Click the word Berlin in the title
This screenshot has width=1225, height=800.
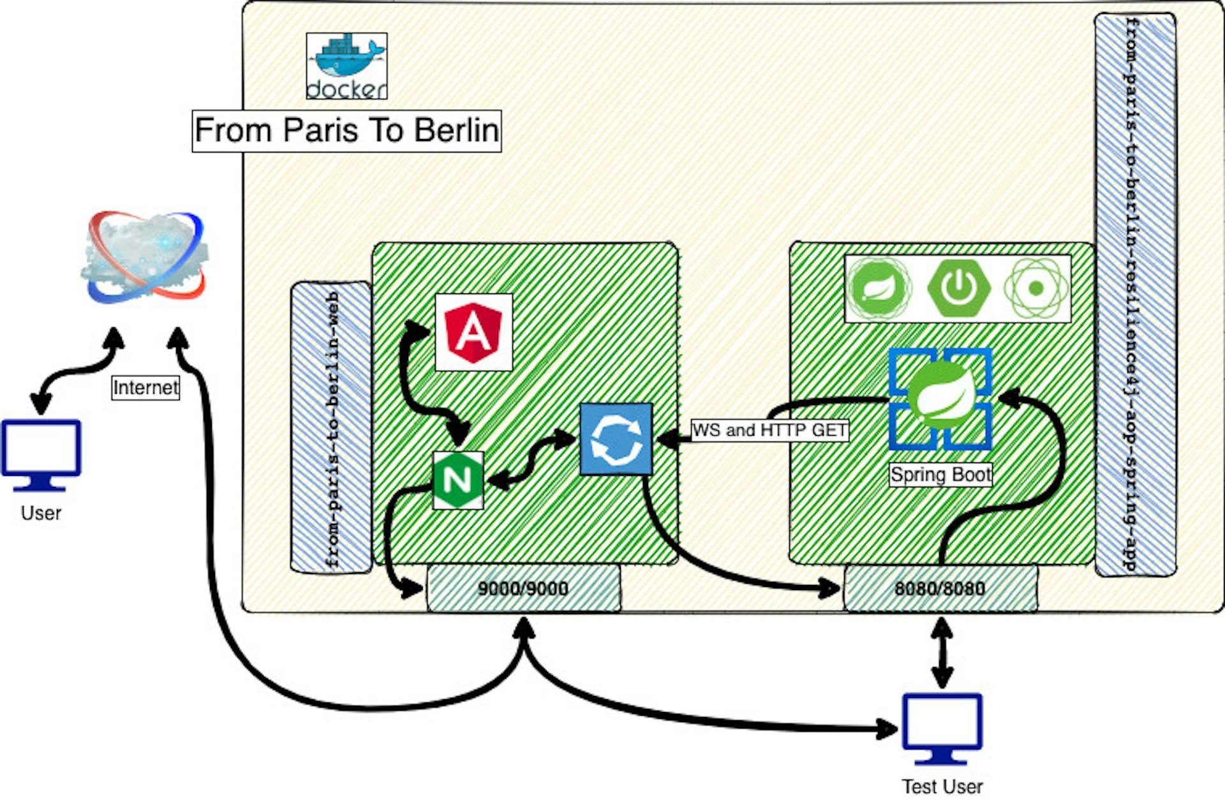click(x=456, y=131)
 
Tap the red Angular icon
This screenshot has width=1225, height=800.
click(x=473, y=332)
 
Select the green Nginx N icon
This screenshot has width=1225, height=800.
click(x=458, y=480)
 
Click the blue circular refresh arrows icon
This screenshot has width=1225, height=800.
click(x=616, y=439)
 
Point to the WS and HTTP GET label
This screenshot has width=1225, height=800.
click(x=770, y=431)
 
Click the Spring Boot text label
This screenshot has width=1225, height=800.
click(x=941, y=475)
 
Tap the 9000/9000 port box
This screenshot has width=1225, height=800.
click(x=523, y=588)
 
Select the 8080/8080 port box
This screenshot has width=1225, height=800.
click(x=940, y=588)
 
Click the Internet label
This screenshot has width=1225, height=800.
click(x=145, y=387)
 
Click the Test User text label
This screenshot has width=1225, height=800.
click(x=942, y=787)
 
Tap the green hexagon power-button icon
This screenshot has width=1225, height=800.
click(x=958, y=288)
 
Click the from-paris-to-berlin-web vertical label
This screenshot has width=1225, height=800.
click(x=332, y=427)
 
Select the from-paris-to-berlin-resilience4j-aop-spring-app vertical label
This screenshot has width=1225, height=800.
click(x=1134, y=293)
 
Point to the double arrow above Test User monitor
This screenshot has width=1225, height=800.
click(x=942, y=653)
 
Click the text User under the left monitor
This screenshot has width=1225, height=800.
click(x=41, y=513)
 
